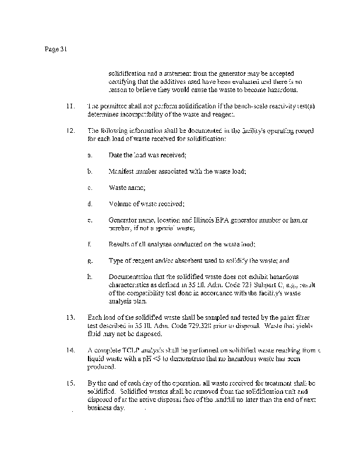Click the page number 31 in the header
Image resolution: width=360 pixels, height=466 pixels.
[x=64, y=50]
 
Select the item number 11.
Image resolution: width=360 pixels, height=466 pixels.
[x=70, y=107]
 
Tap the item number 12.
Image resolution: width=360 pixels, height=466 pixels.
[x=70, y=132]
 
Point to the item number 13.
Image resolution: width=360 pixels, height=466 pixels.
[x=70, y=317]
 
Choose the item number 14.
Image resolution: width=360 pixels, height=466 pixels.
[x=70, y=350]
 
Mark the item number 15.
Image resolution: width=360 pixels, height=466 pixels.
[x=70, y=383]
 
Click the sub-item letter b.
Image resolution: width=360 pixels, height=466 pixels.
[x=90, y=172]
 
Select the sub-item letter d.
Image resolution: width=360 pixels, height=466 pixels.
[x=90, y=204]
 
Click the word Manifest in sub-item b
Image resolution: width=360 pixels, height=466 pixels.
[x=121, y=172]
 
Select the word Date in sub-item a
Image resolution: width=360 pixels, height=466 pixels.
[x=115, y=156]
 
